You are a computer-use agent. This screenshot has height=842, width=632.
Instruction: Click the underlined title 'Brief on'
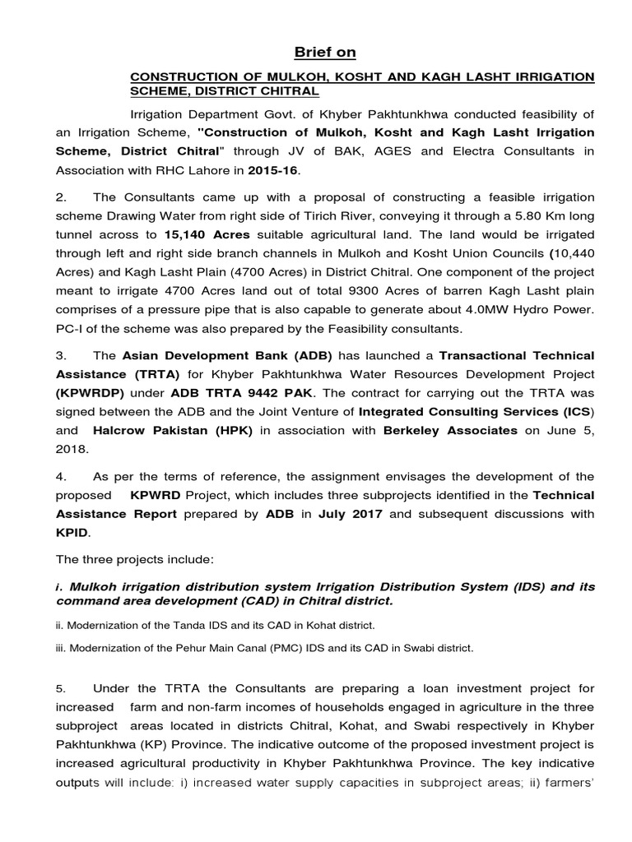click(x=325, y=53)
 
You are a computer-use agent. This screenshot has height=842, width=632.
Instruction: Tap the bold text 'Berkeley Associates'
click(x=451, y=430)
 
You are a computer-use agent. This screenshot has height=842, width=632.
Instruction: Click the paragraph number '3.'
click(x=61, y=355)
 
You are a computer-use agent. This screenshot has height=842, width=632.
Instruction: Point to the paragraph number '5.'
click(x=61, y=687)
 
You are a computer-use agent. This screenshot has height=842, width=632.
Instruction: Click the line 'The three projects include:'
click(x=134, y=559)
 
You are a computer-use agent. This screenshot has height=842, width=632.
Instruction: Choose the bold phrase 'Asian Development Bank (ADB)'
click(x=227, y=355)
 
